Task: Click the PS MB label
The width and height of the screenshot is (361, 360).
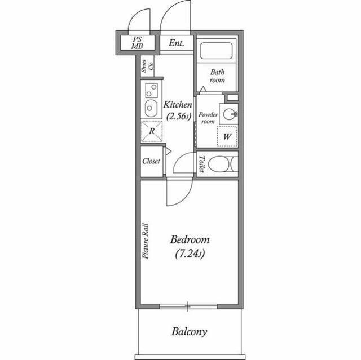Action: [137, 43]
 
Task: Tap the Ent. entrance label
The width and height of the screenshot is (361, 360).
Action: [176, 42]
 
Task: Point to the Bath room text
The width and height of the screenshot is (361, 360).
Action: [217, 76]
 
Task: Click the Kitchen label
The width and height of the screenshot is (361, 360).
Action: [178, 105]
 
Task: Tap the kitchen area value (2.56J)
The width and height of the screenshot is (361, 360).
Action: [178, 117]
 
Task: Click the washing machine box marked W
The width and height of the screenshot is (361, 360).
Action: [227, 136]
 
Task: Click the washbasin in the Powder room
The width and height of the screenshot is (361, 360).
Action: [228, 114]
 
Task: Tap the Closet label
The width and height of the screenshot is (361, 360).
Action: [151, 161]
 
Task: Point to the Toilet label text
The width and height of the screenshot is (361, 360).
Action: [202, 163]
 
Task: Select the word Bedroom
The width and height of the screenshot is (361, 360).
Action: [190, 239]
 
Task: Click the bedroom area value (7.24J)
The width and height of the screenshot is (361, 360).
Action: [190, 254]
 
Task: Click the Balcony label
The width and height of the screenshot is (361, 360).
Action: [190, 331]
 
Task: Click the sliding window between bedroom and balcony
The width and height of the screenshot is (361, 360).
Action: [188, 306]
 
